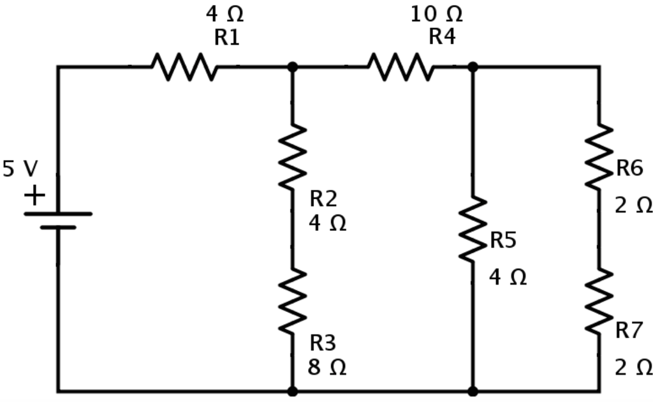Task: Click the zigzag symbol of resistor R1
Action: [x=184, y=66]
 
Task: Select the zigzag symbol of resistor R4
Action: [x=400, y=66]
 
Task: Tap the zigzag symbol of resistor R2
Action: [x=293, y=156]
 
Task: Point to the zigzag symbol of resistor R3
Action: [x=293, y=301]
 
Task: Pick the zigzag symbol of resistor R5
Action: [x=473, y=229]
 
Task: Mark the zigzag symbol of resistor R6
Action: [x=599, y=156]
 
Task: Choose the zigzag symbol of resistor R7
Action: [x=599, y=301]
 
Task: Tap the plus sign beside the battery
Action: [x=34, y=195]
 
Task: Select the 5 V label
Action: [x=20, y=169]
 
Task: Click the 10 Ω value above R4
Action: [x=436, y=13]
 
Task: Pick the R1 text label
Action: [x=226, y=38]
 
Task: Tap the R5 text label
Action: [x=503, y=241]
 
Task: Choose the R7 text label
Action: [x=629, y=330]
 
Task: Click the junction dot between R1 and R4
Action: [x=293, y=66]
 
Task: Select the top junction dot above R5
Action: [x=473, y=66]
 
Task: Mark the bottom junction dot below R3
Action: [x=293, y=391]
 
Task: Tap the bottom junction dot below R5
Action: [x=473, y=391]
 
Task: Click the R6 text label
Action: [x=629, y=168]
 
